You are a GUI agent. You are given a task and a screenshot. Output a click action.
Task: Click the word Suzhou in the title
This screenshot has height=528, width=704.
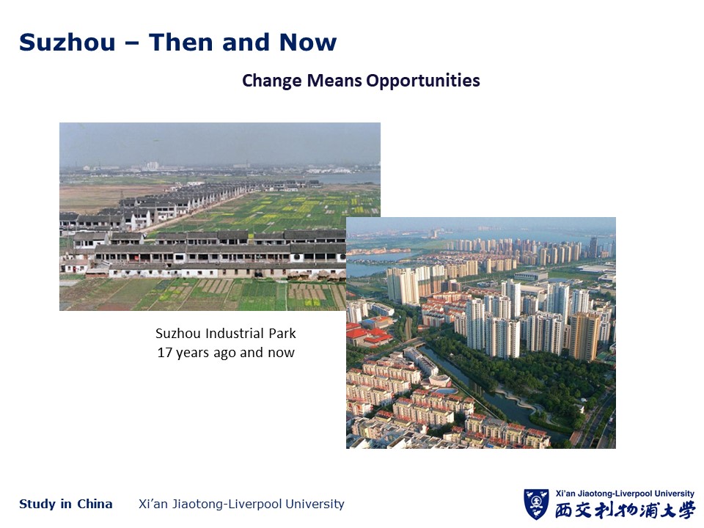coord(67,43)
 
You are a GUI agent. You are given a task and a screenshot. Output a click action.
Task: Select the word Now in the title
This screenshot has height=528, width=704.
coord(307,43)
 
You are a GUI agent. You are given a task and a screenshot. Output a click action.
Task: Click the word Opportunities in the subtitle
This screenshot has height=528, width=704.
coord(423,81)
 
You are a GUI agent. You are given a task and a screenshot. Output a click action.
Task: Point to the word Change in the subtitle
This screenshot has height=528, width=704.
coord(272,81)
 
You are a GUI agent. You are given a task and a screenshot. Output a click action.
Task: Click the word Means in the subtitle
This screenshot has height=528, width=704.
coord(334,81)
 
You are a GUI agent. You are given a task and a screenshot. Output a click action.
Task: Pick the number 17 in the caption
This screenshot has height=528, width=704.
coord(165,353)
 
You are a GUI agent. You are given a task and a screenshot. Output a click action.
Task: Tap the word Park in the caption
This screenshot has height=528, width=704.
coord(282,334)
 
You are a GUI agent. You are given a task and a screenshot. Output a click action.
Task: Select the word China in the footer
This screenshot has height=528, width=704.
coord(95,505)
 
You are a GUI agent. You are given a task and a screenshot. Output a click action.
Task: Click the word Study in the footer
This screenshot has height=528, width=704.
coord(37,505)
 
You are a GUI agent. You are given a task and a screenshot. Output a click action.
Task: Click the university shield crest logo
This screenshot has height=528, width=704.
coord(536,505)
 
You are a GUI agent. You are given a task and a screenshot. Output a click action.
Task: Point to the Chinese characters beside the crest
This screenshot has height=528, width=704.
coord(625,510)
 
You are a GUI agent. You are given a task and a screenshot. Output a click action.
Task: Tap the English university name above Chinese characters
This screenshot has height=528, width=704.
coord(625,494)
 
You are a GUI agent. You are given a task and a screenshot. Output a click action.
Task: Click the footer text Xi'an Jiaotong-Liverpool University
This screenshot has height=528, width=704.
coord(241,505)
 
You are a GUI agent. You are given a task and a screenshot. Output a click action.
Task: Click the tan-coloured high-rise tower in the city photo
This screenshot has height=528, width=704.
coord(584,336)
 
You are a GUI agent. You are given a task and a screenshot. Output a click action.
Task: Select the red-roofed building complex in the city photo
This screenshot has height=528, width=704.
coord(368,334)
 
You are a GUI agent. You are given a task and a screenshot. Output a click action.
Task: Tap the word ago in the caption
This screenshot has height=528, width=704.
coord(225,353)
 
